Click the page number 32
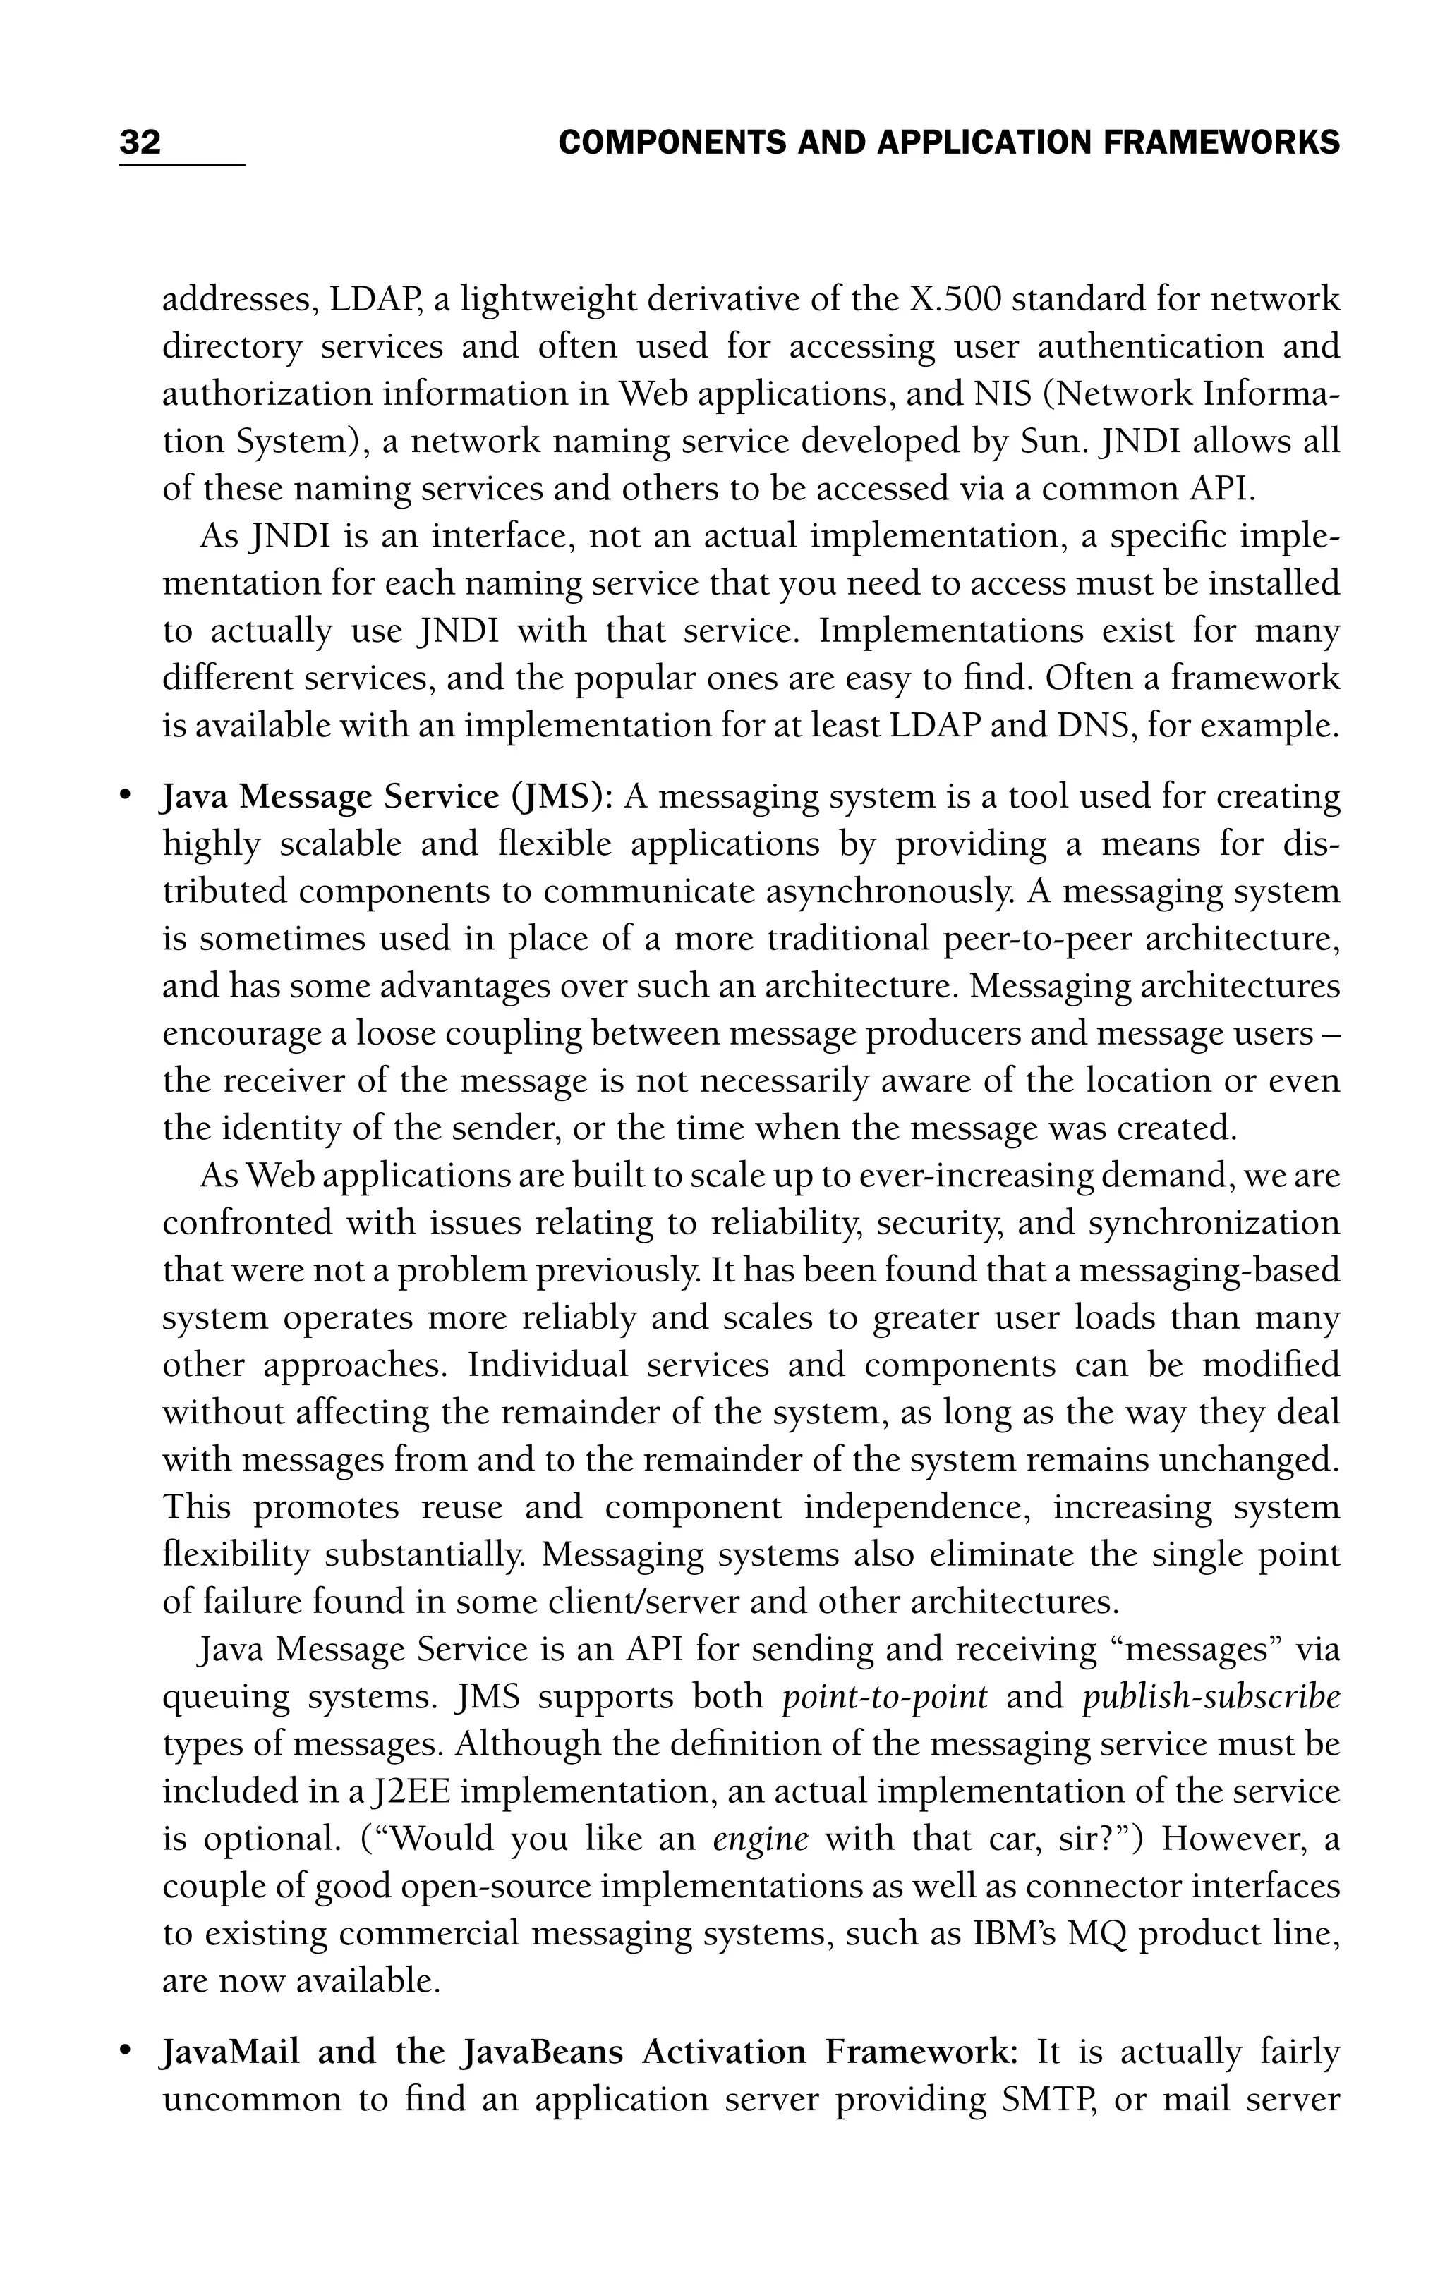click(x=140, y=142)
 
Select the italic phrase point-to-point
click(x=883, y=1696)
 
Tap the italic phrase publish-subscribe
click(x=1210, y=1696)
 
